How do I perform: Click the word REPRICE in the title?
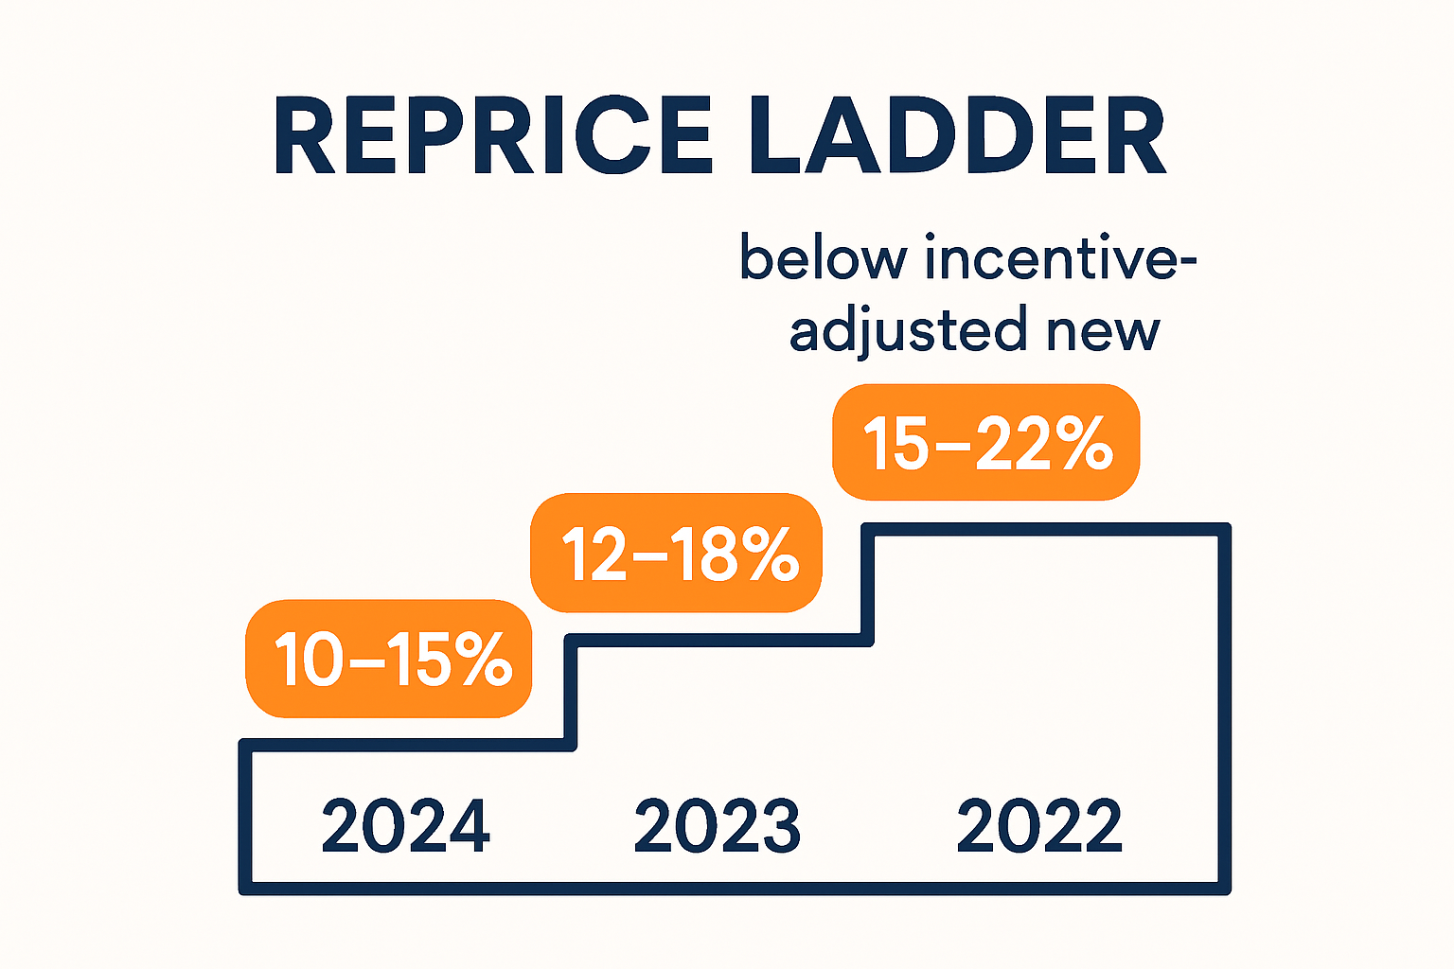[493, 137]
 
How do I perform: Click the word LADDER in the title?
[956, 137]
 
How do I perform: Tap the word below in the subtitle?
[822, 257]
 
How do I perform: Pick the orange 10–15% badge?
[389, 659]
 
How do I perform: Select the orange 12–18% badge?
[676, 553]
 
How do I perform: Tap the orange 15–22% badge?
[985, 442]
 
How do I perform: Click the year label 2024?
[405, 826]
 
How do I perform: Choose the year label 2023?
[717, 826]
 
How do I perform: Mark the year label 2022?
[1039, 826]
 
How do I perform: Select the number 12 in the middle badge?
[594, 554]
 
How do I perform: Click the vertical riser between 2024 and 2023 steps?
[571, 692]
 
